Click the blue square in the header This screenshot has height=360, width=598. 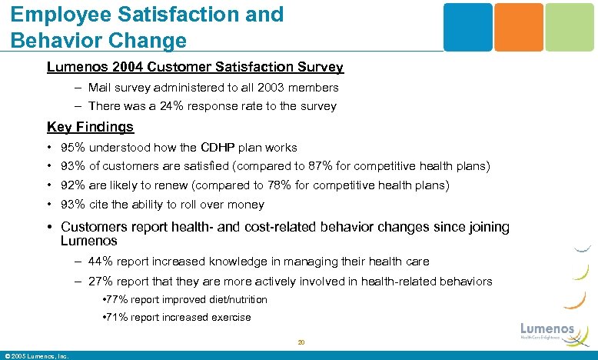click(x=467, y=27)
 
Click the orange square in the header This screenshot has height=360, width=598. click(x=518, y=27)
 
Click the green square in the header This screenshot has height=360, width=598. click(x=570, y=27)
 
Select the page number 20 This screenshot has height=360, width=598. click(x=301, y=342)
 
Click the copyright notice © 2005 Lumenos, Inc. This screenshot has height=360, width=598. click(x=37, y=355)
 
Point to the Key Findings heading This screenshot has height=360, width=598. click(x=90, y=127)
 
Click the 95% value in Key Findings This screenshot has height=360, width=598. click(x=73, y=147)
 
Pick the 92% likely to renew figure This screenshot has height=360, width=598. click(x=73, y=185)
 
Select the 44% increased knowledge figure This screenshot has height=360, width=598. click(x=103, y=262)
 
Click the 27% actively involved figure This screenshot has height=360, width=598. click(x=103, y=282)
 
